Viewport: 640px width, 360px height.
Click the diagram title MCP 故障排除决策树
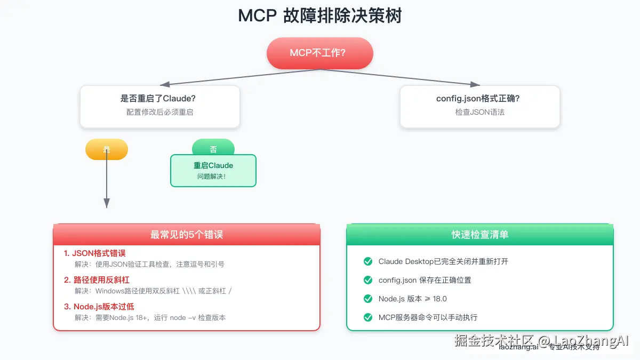(319, 16)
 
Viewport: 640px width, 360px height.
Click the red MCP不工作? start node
(319, 53)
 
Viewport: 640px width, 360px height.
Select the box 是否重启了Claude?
(159, 106)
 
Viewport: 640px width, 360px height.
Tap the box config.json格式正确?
(479, 106)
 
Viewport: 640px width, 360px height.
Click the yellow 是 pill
(107, 149)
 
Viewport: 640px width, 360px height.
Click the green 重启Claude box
(213, 171)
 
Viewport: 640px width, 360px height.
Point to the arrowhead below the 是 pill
(107, 203)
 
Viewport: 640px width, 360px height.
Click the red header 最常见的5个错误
(187, 235)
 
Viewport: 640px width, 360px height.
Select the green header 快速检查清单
(480, 235)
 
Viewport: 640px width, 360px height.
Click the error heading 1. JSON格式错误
(95, 253)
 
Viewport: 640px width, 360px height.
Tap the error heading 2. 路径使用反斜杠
(97, 280)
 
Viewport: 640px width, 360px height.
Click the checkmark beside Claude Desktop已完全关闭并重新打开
(367, 261)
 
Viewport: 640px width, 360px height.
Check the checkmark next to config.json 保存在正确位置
(367, 280)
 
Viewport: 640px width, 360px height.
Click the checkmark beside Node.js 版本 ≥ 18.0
(367, 299)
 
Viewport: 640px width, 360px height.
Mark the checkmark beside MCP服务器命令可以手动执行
(367, 317)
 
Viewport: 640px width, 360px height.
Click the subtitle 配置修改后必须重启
(159, 113)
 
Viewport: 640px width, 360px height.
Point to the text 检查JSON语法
(479, 113)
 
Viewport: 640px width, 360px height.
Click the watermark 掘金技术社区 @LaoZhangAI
(541, 341)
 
